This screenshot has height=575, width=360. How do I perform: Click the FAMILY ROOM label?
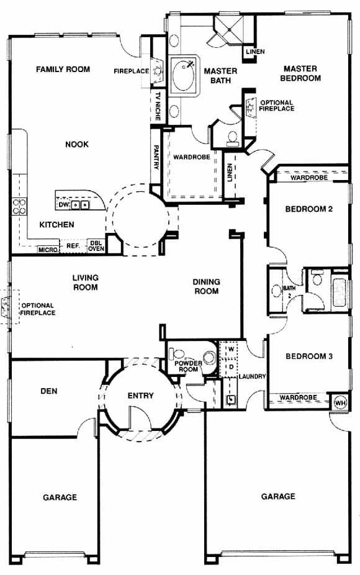click(63, 69)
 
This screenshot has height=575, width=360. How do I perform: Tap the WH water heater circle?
click(340, 402)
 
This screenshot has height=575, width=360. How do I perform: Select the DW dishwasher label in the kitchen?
click(63, 205)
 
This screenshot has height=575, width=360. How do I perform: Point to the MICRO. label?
click(48, 250)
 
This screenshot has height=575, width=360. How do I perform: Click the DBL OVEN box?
click(96, 246)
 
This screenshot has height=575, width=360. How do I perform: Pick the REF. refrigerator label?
click(73, 246)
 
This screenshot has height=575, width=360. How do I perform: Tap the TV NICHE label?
click(158, 106)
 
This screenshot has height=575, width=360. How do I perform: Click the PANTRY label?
click(156, 156)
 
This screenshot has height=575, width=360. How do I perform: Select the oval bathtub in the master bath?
click(184, 76)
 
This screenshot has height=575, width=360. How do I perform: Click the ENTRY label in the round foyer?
click(140, 396)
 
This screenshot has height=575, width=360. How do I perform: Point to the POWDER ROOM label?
click(188, 366)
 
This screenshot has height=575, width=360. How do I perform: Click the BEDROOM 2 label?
click(308, 209)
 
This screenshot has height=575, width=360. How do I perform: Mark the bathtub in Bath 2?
click(340, 292)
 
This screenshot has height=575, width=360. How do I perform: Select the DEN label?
click(49, 391)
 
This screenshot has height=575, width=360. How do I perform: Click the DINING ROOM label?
click(206, 286)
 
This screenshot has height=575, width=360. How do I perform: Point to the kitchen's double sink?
click(79, 205)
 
